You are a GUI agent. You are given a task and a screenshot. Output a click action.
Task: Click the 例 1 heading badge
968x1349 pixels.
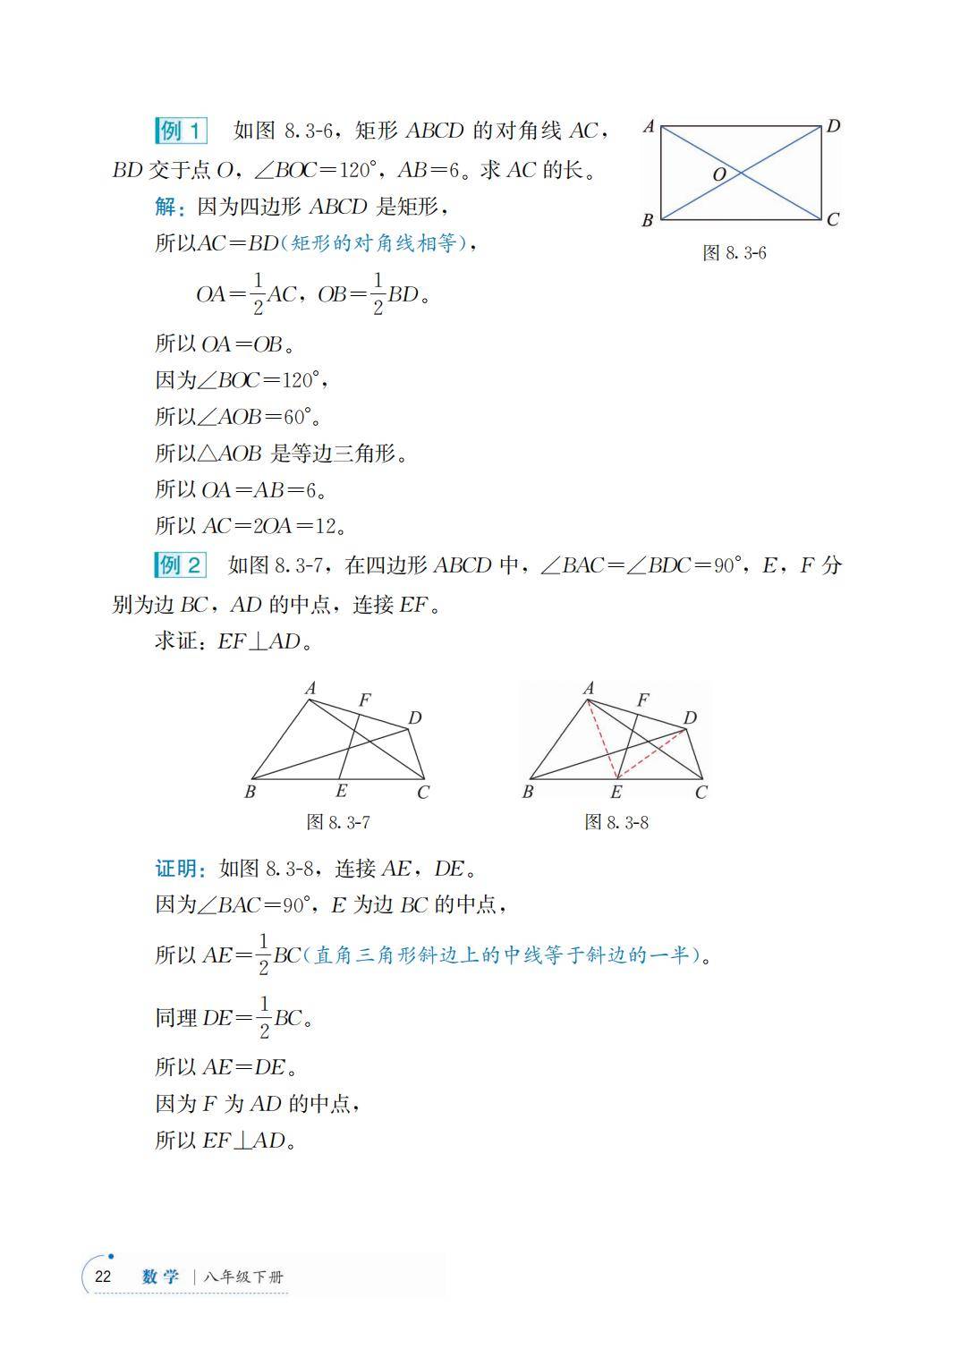[181, 131]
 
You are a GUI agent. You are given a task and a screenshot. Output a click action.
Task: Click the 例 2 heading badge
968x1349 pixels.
[181, 564]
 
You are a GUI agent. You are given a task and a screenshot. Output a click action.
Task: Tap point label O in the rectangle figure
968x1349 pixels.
[719, 175]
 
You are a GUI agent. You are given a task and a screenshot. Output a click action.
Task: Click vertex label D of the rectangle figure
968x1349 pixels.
[833, 126]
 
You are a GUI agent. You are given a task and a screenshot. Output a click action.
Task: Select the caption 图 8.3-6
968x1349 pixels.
[734, 253]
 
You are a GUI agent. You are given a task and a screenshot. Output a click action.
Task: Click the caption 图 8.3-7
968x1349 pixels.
[338, 821]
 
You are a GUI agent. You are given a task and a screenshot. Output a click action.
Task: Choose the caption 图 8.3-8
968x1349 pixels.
[616, 821]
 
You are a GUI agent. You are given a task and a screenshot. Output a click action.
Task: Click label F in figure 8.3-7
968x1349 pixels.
[364, 700]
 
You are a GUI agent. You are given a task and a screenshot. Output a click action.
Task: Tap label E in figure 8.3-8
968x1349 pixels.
[616, 792]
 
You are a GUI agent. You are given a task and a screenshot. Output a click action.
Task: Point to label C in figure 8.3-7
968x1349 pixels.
[423, 792]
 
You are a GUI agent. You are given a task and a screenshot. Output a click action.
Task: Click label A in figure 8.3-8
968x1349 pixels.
[589, 688]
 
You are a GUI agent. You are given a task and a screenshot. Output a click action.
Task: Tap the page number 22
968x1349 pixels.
[103, 1277]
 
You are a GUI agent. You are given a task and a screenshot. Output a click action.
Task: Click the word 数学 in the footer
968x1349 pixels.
[161, 1277]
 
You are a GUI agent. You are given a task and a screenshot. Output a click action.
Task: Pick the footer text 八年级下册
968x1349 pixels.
[243, 1277]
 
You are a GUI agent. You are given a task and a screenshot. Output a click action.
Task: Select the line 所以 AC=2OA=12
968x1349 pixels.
[250, 526]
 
